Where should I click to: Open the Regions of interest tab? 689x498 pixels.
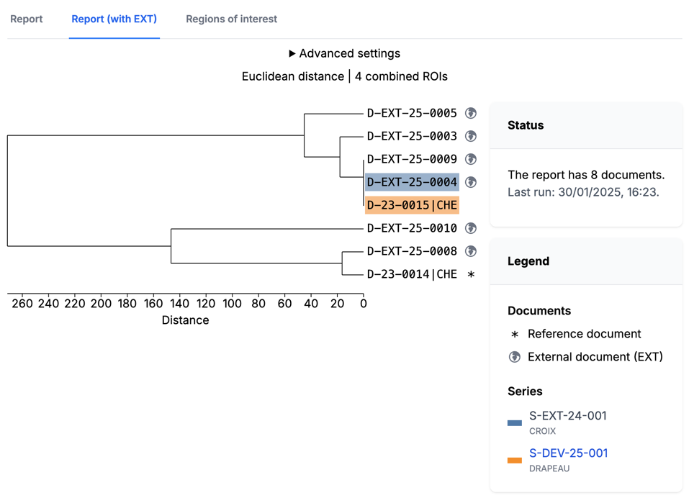231,19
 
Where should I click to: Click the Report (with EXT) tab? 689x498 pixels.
114,19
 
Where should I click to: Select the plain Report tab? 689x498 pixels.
27,19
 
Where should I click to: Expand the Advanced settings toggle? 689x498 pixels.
344,53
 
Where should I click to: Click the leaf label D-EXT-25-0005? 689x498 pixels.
412,113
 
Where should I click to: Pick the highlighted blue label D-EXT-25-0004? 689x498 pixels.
412,182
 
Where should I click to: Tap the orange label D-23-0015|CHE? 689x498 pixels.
412,205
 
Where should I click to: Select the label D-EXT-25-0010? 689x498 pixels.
412,228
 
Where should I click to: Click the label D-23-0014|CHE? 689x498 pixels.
412,274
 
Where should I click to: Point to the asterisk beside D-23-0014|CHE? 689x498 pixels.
471,274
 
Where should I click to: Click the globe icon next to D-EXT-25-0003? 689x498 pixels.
471,136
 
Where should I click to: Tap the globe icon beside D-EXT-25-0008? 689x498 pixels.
471,251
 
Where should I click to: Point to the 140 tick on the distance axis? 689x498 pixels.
179,304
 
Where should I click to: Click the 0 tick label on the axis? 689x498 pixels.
364,304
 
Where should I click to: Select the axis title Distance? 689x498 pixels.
185,320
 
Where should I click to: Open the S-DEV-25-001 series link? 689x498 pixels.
568,453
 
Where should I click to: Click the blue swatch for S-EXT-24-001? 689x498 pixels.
515,423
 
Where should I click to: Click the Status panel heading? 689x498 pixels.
526,125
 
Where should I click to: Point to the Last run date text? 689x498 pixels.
583,192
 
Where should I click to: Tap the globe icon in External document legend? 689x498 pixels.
515,357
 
